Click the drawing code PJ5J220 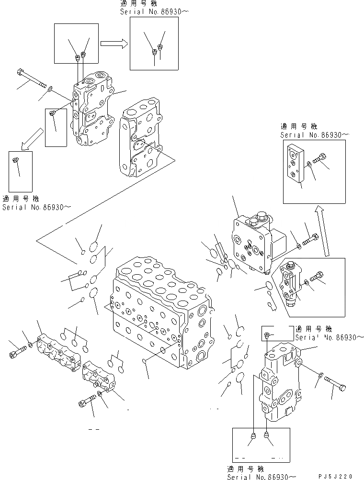(x=335, y=476)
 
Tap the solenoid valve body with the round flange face (x=251, y=244)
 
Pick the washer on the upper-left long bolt (x=50, y=89)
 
